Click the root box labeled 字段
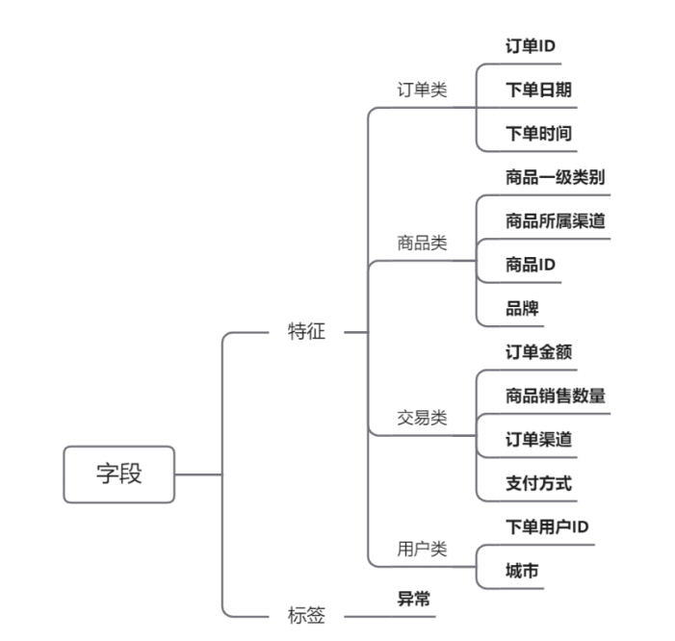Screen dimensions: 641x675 119,474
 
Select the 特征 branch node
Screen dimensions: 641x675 307,332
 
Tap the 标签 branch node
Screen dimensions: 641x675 307,614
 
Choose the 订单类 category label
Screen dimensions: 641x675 422,90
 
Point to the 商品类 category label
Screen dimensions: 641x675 422,243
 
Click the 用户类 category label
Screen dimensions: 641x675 422,549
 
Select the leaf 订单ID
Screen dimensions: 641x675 531,46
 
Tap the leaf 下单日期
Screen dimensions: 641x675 539,90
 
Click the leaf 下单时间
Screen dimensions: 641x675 539,133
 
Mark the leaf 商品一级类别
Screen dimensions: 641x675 556,177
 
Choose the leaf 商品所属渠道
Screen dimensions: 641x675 556,220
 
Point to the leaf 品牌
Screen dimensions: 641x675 522,308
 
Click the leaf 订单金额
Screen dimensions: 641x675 539,351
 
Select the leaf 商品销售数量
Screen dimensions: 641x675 556,396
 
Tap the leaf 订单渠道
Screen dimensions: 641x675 539,439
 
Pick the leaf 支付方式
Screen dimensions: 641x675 539,482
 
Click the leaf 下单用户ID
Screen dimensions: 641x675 547,526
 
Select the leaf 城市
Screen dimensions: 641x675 522,571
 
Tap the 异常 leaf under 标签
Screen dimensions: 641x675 414,600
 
